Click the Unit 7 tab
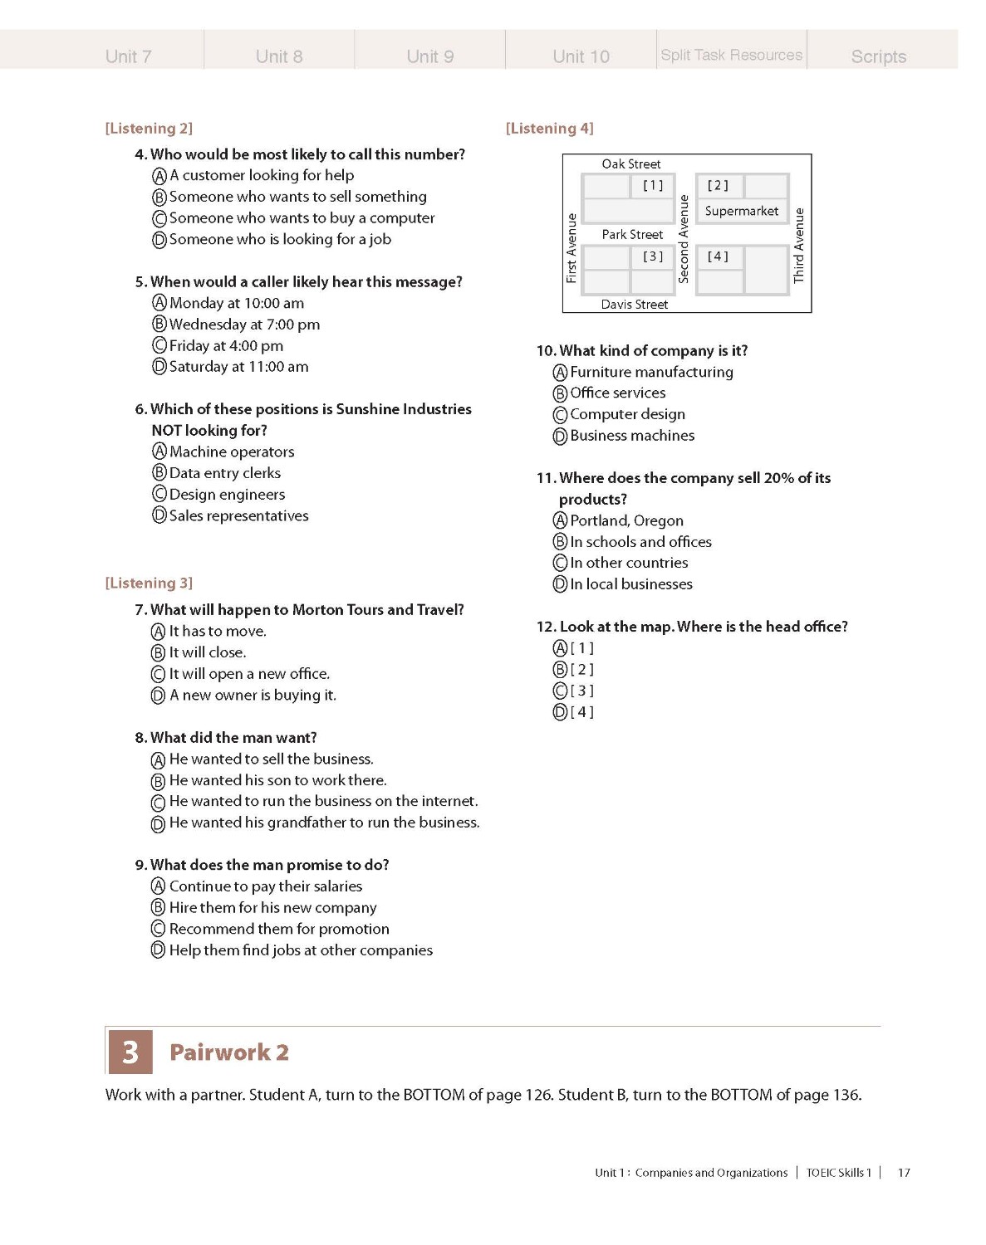click(x=128, y=56)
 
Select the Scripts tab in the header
click(x=878, y=56)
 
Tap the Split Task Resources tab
click(x=731, y=55)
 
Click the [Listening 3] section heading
click(x=149, y=583)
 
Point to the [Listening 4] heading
click(x=549, y=128)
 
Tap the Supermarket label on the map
click(x=741, y=211)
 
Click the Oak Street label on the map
click(x=631, y=164)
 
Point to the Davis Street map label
click(x=634, y=305)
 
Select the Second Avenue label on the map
click(x=684, y=239)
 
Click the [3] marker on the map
click(x=653, y=256)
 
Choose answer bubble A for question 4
click(x=159, y=176)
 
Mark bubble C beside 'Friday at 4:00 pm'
click(x=159, y=345)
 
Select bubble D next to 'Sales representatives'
click(x=159, y=515)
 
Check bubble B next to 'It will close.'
click(x=159, y=653)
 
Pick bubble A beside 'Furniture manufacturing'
click(x=561, y=373)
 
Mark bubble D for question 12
click(x=561, y=712)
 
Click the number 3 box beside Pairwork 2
click(x=130, y=1052)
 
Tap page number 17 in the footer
click(x=904, y=1173)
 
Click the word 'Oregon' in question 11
click(x=657, y=520)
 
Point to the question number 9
click(x=140, y=865)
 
